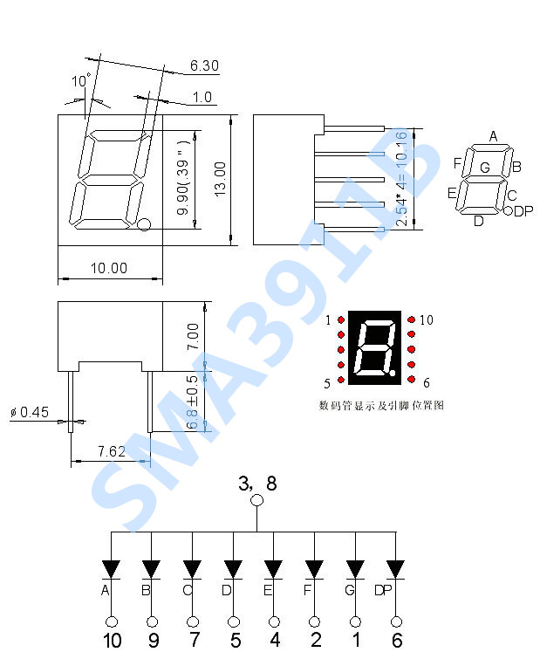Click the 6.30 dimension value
tap(203, 65)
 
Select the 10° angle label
tap(81, 81)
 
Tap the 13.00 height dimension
tap(220, 178)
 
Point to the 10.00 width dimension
tap(108, 268)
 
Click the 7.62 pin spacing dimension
tap(111, 450)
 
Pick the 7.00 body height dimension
tap(193, 336)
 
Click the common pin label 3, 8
tap(256, 482)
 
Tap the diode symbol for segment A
tap(111, 569)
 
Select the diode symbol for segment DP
tap(396, 569)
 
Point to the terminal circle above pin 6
tap(397, 621)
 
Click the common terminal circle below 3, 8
tap(256, 500)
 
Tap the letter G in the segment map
tap(484, 168)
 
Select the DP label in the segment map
tap(523, 211)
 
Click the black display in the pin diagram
tap(375, 347)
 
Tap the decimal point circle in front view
tap(145, 225)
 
